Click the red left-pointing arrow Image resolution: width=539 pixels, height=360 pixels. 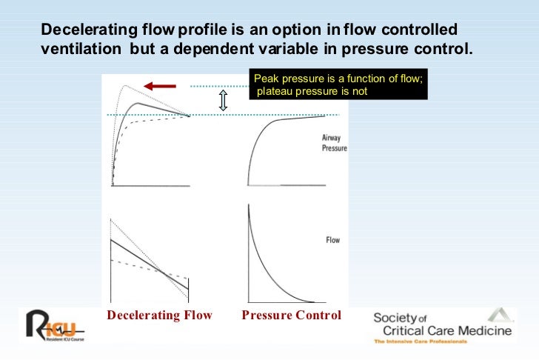click(x=158, y=86)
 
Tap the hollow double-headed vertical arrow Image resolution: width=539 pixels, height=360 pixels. click(x=221, y=101)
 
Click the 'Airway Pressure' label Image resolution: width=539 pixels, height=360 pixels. click(x=334, y=143)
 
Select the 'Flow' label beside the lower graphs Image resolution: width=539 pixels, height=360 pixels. click(x=333, y=240)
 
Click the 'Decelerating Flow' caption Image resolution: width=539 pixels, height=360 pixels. click(x=159, y=316)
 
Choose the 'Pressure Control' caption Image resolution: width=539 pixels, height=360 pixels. click(x=292, y=316)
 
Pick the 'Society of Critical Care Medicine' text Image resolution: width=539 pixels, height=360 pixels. click(x=441, y=324)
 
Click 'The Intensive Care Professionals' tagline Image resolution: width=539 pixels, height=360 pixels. click(x=420, y=341)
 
